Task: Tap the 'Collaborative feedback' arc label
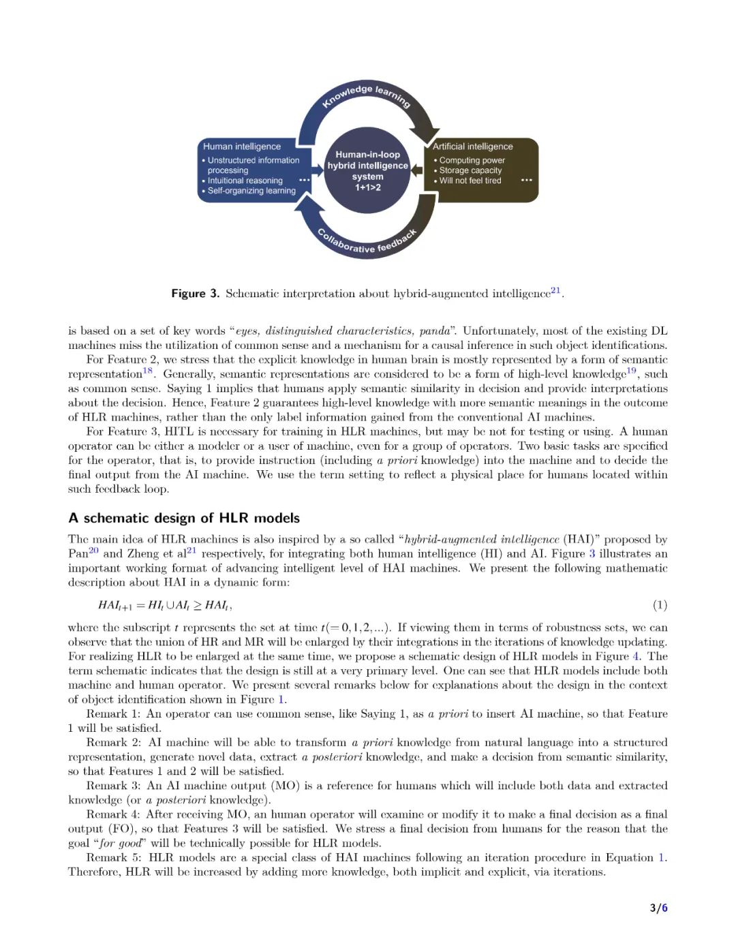[367, 243]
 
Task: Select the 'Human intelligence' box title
[242, 147]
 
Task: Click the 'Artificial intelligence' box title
[473, 147]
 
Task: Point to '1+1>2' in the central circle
[368, 187]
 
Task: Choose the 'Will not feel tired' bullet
[470, 181]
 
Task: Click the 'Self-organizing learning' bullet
[251, 191]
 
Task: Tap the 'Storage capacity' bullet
[470, 170]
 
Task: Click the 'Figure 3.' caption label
[195, 294]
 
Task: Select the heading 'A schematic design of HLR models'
[184, 518]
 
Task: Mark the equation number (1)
[660, 605]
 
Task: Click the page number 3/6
[658, 908]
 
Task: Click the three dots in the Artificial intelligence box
[526, 181]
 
